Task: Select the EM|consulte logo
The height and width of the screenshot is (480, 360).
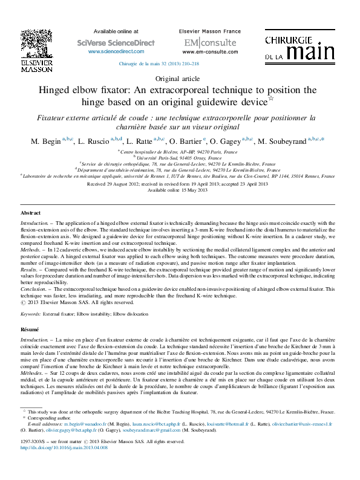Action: pyautogui.click(x=203, y=42)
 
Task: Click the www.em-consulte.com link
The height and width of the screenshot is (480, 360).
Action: pyautogui.click(x=203, y=52)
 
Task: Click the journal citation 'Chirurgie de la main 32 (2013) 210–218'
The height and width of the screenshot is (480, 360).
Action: pyautogui.click(x=157, y=63)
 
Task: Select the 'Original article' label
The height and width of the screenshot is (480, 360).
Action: pyautogui.click(x=180, y=79)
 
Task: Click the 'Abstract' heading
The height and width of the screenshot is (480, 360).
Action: pyautogui.click(x=30, y=214)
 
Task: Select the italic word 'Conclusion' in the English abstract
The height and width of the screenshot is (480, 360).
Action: pyautogui.click(x=35, y=290)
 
